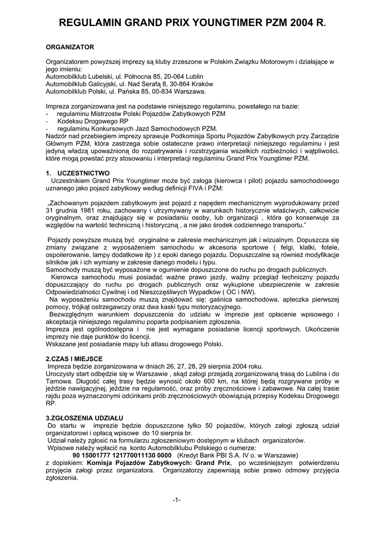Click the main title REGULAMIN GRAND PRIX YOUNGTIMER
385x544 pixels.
(x=192, y=23)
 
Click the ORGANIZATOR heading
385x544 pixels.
(x=70, y=47)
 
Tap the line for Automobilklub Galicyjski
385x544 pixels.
(x=129, y=83)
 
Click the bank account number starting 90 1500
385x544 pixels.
(x=122, y=455)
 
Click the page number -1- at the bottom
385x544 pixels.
(x=177, y=500)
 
